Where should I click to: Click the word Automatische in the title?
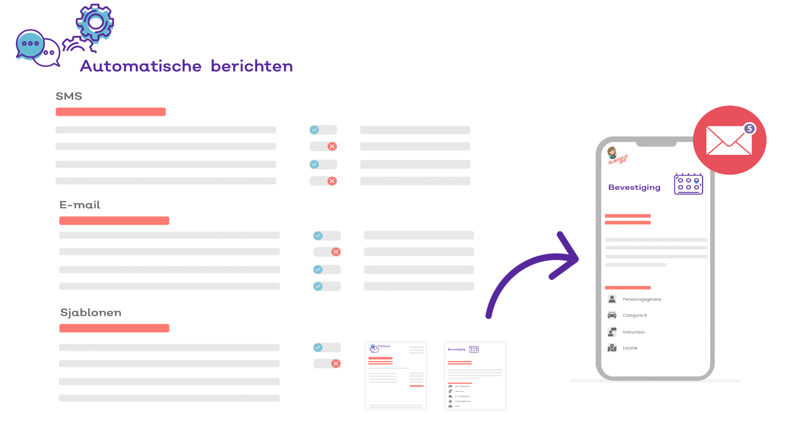pyautogui.click(x=140, y=66)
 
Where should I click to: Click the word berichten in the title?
pyautogui.click(x=252, y=66)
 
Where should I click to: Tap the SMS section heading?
pyautogui.click(x=69, y=96)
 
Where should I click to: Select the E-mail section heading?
pyautogui.click(x=80, y=205)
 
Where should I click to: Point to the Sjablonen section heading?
pyautogui.click(x=90, y=313)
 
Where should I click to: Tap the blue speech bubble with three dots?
pyautogui.click(x=30, y=44)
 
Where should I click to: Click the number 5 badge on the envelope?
pyautogui.click(x=749, y=129)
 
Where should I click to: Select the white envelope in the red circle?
pyautogui.click(x=728, y=141)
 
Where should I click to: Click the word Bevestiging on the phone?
pyautogui.click(x=634, y=187)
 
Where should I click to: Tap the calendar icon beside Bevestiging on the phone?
pyautogui.click(x=688, y=184)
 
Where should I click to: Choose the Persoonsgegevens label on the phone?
pyautogui.click(x=642, y=299)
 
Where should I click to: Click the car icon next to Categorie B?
pyautogui.click(x=612, y=315)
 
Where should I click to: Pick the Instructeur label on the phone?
pyautogui.click(x=634, y=332)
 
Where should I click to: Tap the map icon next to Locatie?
pyautogui.click(x=612, y=348)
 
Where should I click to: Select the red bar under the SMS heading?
pyautogui.click(x=110, y=112)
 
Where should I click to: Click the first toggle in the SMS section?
pyautogui.click(x=323, y=130)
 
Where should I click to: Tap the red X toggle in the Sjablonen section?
pyautogui.click(x=327, y=363)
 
